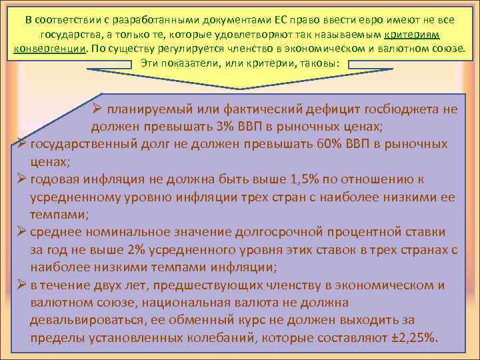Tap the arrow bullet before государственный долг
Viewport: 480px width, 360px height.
(x=22, y=145)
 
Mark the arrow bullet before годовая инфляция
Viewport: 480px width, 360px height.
(x=22, y=179)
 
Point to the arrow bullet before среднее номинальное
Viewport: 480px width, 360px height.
(x=22, y=232)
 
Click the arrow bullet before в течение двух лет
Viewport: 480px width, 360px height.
(x=22, y=285)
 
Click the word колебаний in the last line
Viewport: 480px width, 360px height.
(x=215, y=337)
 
